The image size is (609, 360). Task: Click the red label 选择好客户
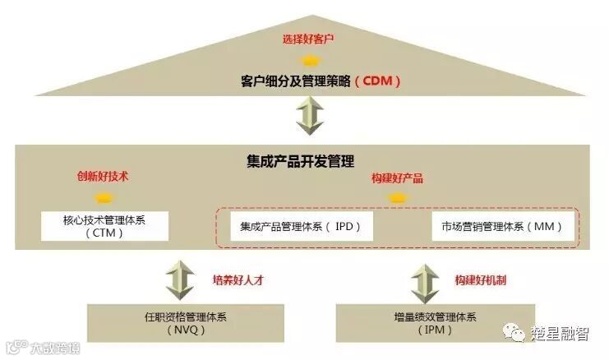point(308,39)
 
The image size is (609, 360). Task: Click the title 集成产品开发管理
point(311,160)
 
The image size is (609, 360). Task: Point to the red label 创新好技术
point(103,176)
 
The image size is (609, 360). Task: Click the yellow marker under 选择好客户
point(309,60)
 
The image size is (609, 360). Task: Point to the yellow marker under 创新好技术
point(103,197)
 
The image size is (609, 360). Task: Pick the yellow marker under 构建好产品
point(397,198)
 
